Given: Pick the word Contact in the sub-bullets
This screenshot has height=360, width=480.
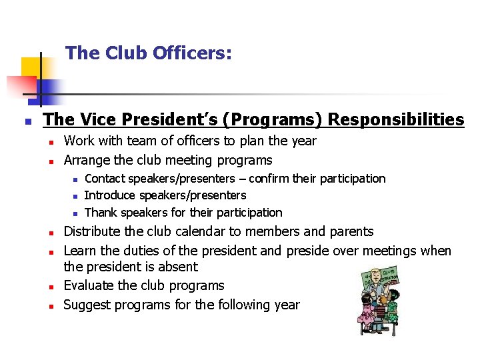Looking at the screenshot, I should [x=105, y=179].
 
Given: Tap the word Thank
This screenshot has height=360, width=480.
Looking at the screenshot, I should [x=100, y=213].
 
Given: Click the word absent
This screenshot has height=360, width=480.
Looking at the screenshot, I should [x=175, y=267].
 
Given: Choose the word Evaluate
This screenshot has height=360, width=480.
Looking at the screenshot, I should [x=89, y=285].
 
